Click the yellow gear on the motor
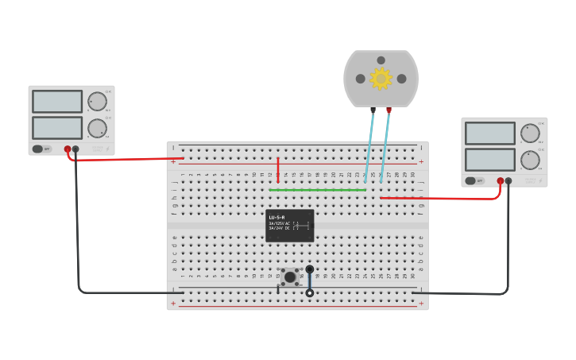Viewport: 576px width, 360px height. click(381, 78)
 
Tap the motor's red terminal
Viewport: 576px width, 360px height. click(389, 110)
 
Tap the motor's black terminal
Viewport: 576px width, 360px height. click(373, 110)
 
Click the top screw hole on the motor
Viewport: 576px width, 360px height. click(381, 60)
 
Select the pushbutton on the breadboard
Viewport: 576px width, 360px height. click(290, 277)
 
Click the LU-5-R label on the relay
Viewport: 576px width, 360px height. click(277, 217)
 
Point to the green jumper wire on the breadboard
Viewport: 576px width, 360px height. click(318, 190)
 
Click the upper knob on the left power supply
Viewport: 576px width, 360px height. click(97, 102)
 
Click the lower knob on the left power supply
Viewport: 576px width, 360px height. click(97, 128)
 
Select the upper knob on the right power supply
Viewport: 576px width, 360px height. click(530, 134)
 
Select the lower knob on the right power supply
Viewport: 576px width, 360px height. click(530, 160)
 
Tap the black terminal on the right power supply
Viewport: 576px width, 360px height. click(509, 180)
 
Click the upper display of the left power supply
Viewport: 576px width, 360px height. click(57, 102)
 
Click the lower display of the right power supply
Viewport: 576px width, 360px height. click(490, 159)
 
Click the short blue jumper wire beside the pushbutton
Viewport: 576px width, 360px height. click(310, 281)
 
